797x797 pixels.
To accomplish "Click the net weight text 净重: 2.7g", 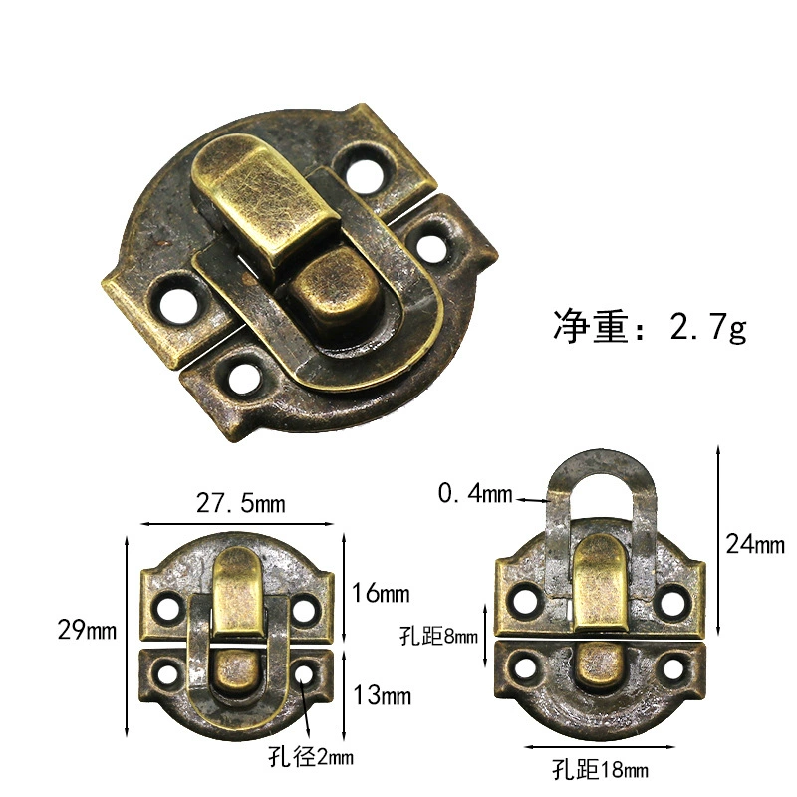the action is click(650, 327).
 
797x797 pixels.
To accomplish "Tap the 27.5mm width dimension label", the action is click(240, 504).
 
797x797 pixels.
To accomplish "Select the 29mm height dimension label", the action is click(87, 630).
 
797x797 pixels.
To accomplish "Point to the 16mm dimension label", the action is click(381, 593).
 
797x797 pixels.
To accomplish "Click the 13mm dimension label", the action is click(382, 694).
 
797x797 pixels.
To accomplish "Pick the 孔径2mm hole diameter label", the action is click(311, 757).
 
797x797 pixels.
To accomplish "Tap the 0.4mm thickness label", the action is click(475, 493).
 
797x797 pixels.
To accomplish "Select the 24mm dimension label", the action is click(755, 543).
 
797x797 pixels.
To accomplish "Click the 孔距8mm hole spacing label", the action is click(438, 636).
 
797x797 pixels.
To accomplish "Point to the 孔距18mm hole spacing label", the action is click(600, 769).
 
